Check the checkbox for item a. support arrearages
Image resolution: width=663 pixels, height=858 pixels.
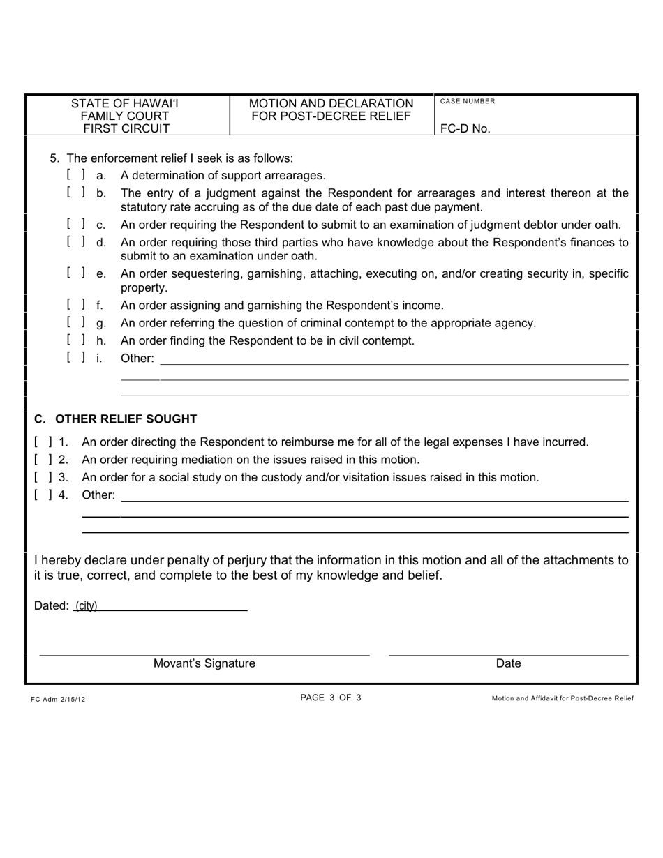pos(76,174)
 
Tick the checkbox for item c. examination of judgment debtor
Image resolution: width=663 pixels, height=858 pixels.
pos(76,225)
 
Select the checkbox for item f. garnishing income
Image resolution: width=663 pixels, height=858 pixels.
pos(76,305)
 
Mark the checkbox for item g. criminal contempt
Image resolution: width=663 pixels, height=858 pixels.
pos(76,323)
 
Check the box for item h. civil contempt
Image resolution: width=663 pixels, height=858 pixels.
pos(76,340)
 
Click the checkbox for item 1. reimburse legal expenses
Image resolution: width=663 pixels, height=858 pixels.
pos(43,442)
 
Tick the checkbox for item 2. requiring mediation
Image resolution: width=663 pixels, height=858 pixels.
pos(43,460)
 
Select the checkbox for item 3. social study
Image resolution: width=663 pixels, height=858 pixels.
pos(43,477)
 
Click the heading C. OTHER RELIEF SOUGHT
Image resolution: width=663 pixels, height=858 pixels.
pos(116,419)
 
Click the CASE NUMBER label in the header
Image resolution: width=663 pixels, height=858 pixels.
pos(467,101)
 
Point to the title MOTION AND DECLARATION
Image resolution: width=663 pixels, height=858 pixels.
pos(331,103)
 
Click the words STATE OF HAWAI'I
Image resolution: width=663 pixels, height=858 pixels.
pos(125,103)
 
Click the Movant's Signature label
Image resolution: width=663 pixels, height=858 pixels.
pos(204,663)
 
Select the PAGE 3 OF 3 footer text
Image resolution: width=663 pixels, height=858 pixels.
pos(331,698)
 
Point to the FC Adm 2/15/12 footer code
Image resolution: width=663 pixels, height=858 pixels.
pos(58,698)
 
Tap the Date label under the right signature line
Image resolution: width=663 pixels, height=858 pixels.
pos(508,663)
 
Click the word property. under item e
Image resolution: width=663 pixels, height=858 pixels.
pos(144,287)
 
